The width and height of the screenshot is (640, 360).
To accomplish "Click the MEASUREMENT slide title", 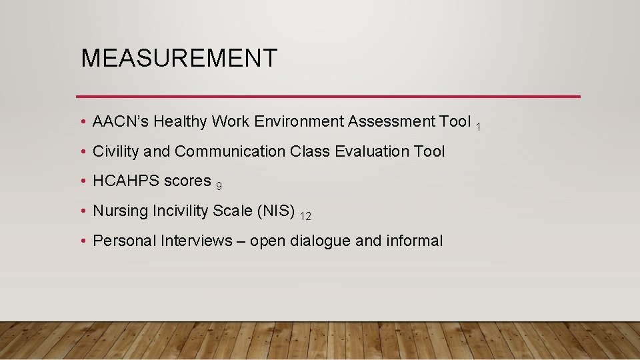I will point(178,59).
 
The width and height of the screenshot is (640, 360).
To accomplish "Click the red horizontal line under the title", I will point(330,97).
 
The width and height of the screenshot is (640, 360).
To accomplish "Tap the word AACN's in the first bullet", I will point(117,121).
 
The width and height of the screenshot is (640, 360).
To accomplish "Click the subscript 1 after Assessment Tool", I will point(479,126).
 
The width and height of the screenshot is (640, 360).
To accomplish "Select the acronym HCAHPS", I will point(123,181).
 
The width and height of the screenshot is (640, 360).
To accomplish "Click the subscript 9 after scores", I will point(219,186).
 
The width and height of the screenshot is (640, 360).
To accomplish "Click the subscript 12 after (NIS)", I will point(305,216).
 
